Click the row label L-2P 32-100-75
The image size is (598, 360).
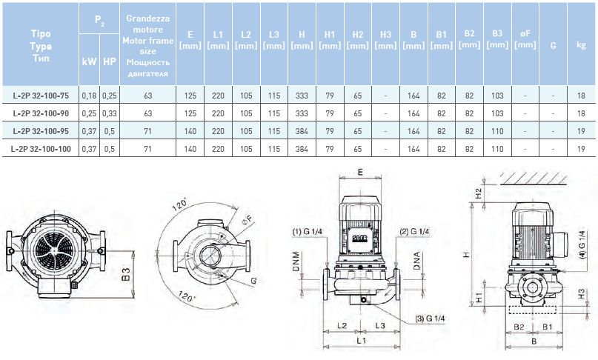(x=41, y=96)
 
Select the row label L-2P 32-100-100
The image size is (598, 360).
(x=41, y=149)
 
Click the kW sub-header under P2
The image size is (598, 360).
(x=89, y=61)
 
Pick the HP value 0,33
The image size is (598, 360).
(x=110, y=113)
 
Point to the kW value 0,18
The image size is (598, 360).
(x=89, y=96)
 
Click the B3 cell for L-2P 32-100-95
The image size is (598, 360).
(x=497, y=131)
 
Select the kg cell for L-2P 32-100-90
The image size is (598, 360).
(x=581, y=113)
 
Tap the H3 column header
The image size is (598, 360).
(x=385, y=40)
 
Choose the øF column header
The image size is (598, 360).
(x=525, y=39)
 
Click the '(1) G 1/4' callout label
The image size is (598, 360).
(x=308, y=232)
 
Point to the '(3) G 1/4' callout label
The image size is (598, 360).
(x=430, y=319)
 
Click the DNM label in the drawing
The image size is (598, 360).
(x=296, y=261)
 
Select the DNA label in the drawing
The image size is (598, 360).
(x=416, y=261)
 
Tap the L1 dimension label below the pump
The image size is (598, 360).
(x=361, y=340)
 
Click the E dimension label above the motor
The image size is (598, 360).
(x=360, y=173)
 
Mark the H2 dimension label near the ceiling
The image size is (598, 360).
(x=479, y=194)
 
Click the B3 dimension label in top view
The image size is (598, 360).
(x=125, y=275)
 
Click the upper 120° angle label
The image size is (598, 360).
(x=179, y=204)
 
